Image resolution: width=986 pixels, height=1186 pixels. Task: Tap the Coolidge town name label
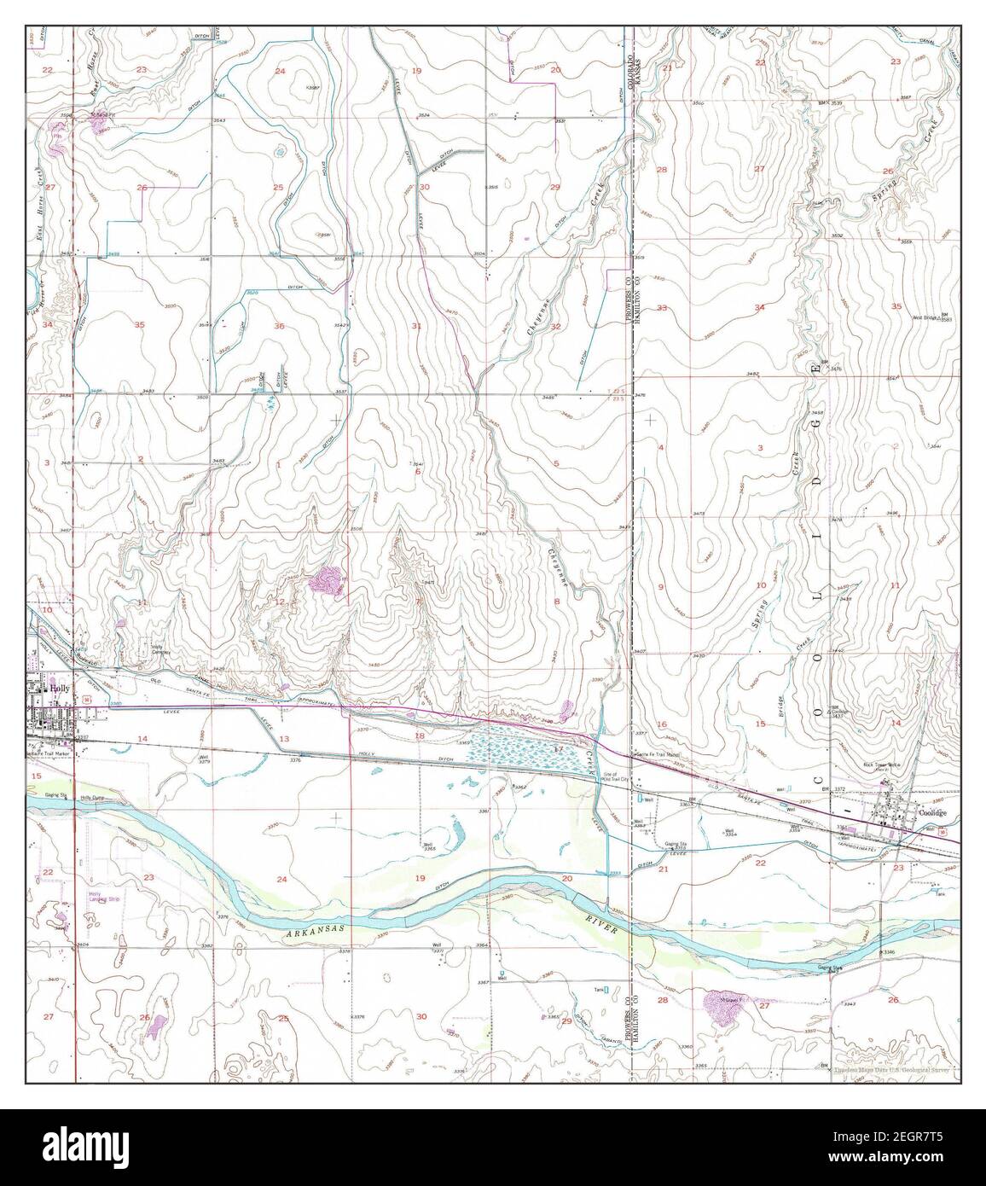tap(936, 813)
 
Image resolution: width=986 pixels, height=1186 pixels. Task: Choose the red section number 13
tap(283, 738)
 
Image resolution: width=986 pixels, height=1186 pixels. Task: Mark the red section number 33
tap(662, 308)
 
